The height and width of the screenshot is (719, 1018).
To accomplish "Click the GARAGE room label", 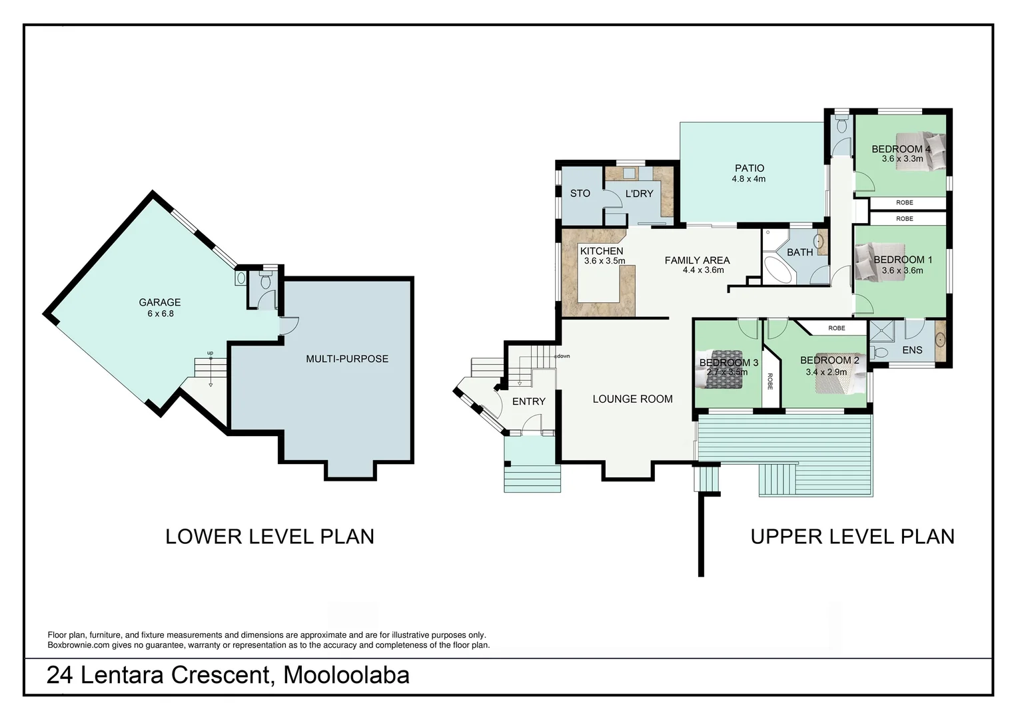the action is point(159,302).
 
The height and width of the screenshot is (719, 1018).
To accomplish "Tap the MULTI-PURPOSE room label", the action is point(347,359).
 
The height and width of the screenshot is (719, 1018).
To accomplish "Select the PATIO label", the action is point(750,168).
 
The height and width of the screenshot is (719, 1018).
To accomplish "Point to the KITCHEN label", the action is point(602,251).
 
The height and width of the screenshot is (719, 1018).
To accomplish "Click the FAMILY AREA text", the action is point(697,260).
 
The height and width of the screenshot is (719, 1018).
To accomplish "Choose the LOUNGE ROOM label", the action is point(633,399).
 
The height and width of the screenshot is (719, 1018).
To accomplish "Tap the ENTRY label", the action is point(528,401).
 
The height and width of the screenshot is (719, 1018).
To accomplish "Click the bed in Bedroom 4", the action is point(921,151).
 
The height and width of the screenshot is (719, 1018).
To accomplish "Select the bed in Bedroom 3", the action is point(719,369).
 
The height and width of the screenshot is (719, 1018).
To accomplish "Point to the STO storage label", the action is point(580,194).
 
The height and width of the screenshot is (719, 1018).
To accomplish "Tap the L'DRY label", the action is point(639,194).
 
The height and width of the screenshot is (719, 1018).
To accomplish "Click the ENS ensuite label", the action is point(912,350).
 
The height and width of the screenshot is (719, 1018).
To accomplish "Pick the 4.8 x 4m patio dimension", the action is point(748,179).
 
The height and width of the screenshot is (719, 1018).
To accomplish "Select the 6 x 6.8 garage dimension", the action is point(161,314).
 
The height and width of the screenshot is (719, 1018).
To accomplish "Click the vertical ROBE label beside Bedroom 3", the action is point(770,381).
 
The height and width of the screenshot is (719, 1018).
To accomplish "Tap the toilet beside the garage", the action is point(265,281).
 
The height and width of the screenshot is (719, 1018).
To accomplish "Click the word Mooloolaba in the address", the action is point(346,675).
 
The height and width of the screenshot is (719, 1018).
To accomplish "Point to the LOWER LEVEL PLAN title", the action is point(270,537).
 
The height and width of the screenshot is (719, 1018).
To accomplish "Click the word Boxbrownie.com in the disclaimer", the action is point(79,645).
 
